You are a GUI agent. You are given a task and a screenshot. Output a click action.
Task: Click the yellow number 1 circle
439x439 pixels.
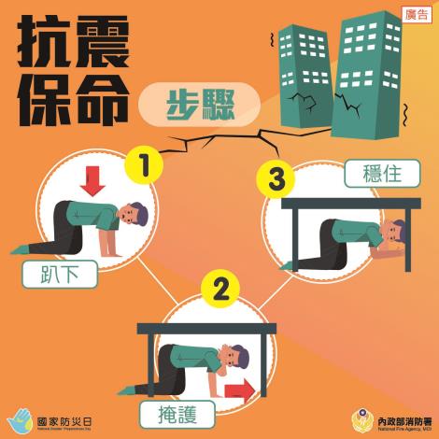145,166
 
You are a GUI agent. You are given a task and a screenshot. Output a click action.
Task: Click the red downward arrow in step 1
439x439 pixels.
93,180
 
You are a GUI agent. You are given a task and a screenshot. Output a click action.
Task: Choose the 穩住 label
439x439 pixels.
374,174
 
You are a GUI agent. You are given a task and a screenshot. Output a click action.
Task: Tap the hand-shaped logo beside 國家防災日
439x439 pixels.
21,418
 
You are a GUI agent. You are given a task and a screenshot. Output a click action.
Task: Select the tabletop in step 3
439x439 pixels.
351,202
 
